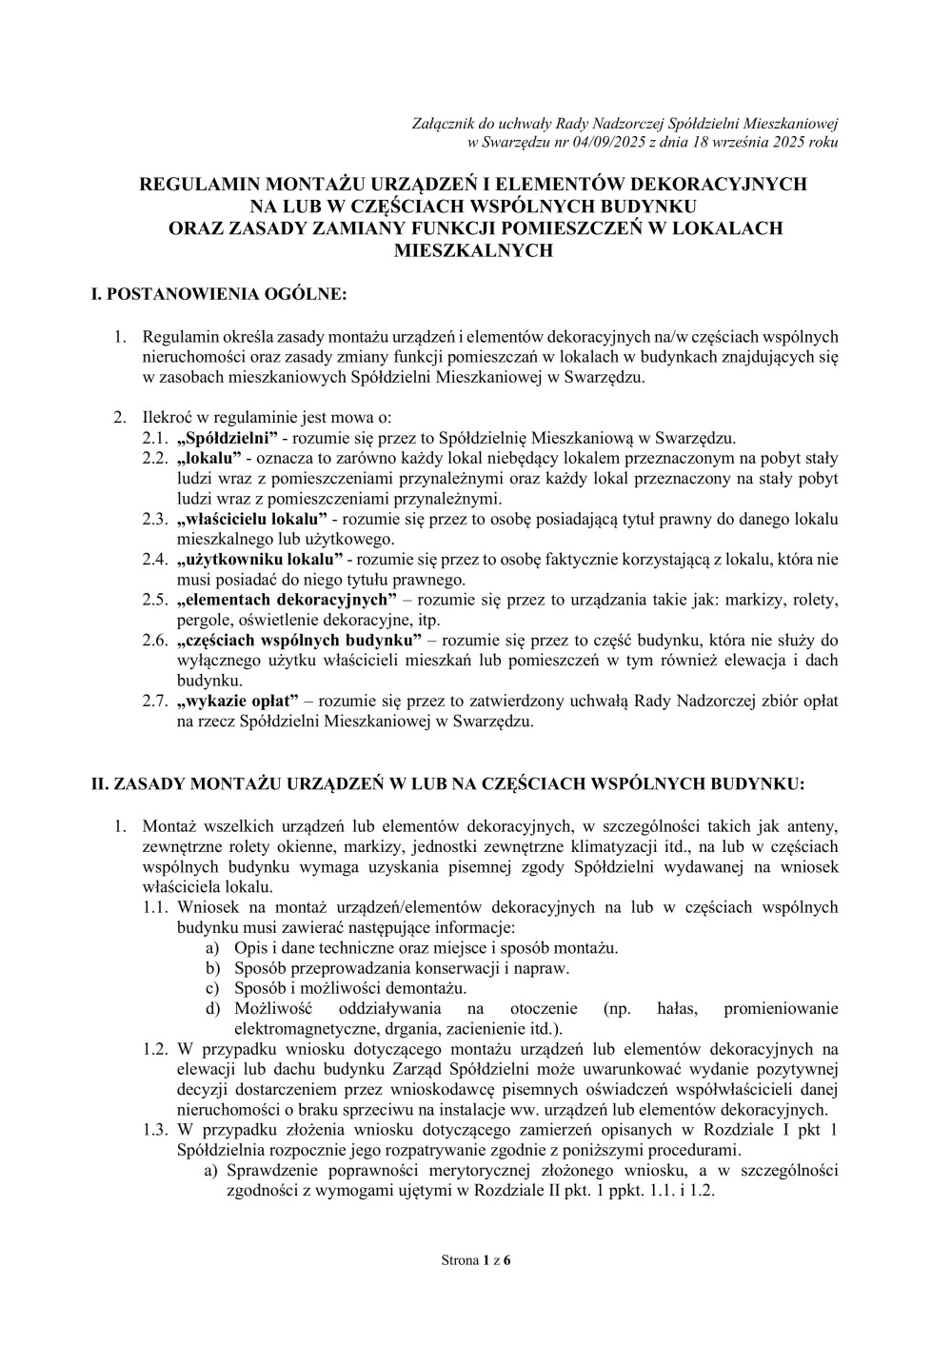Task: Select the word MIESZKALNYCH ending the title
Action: (473, 250)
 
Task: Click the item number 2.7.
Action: (155, 701)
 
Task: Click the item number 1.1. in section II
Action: (155, 907)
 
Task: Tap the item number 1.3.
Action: (155, 1130)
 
